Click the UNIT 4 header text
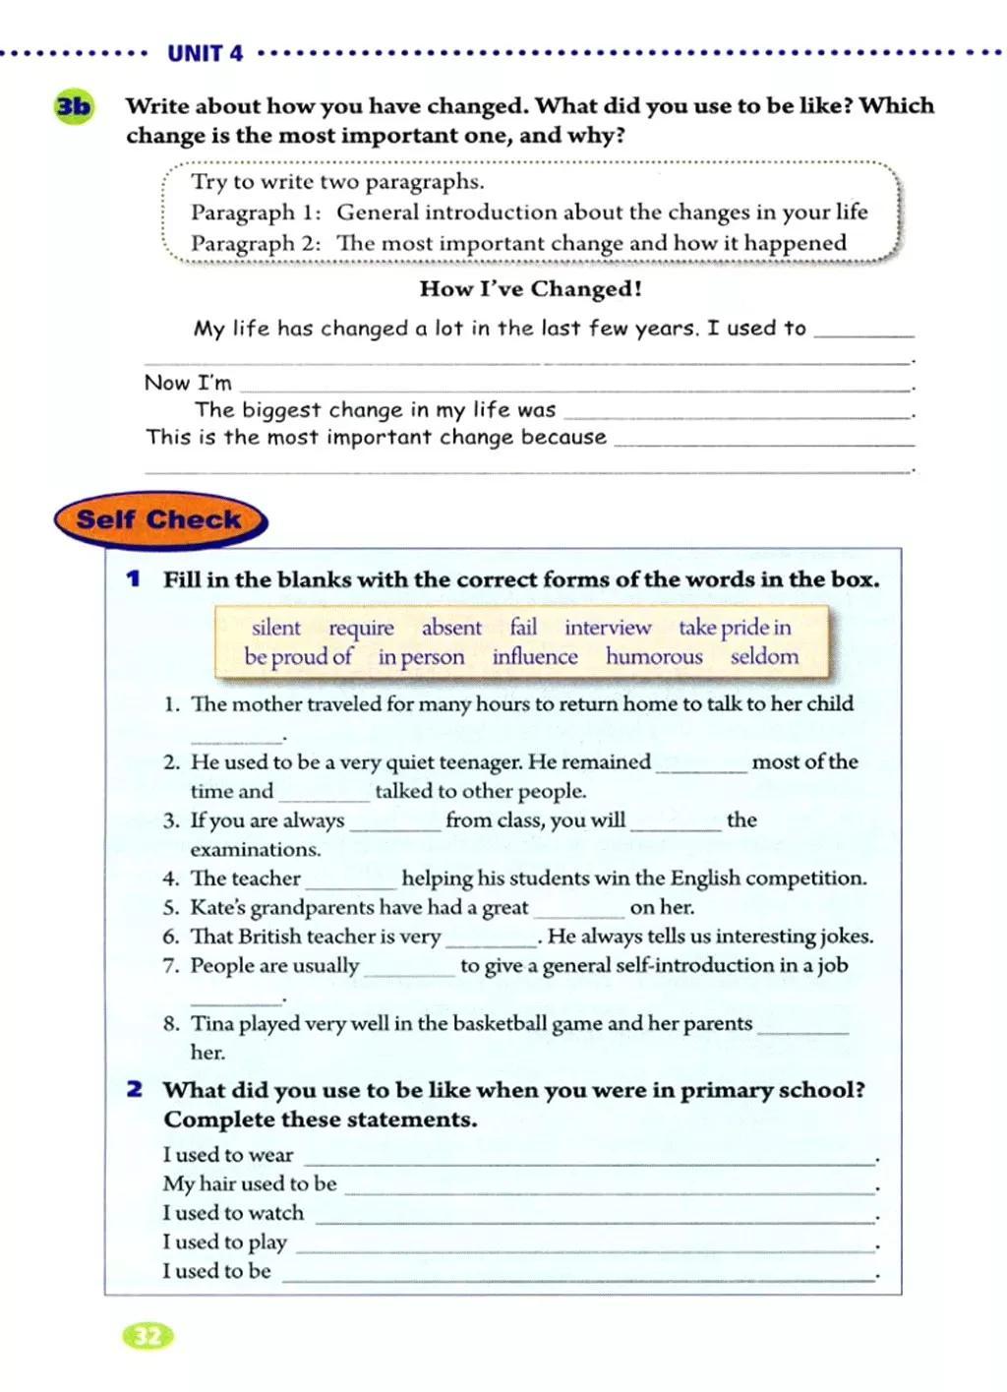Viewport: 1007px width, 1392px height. tap(205, 53)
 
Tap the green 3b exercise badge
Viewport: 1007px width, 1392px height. tap(73, 106)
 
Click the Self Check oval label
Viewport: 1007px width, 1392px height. tap(159, 519)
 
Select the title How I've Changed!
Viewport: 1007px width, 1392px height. tap(530, 288)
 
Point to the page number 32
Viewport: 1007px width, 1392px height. tap(148, 1335)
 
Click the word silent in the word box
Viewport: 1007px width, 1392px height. tap(276, 628)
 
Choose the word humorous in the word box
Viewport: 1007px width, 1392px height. tap(654, 656)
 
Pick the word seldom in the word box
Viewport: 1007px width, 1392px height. tap(764, 656)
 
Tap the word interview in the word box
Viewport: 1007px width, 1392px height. tap(608, 628)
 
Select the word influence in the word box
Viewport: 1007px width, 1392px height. tap(535, 656)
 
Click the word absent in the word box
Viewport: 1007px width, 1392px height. tap(451, 628)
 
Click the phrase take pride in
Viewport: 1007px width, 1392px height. tap(735, 628)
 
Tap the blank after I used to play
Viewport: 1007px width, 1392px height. tap(585, 1246)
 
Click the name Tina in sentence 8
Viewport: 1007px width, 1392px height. tap(209, 1023)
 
